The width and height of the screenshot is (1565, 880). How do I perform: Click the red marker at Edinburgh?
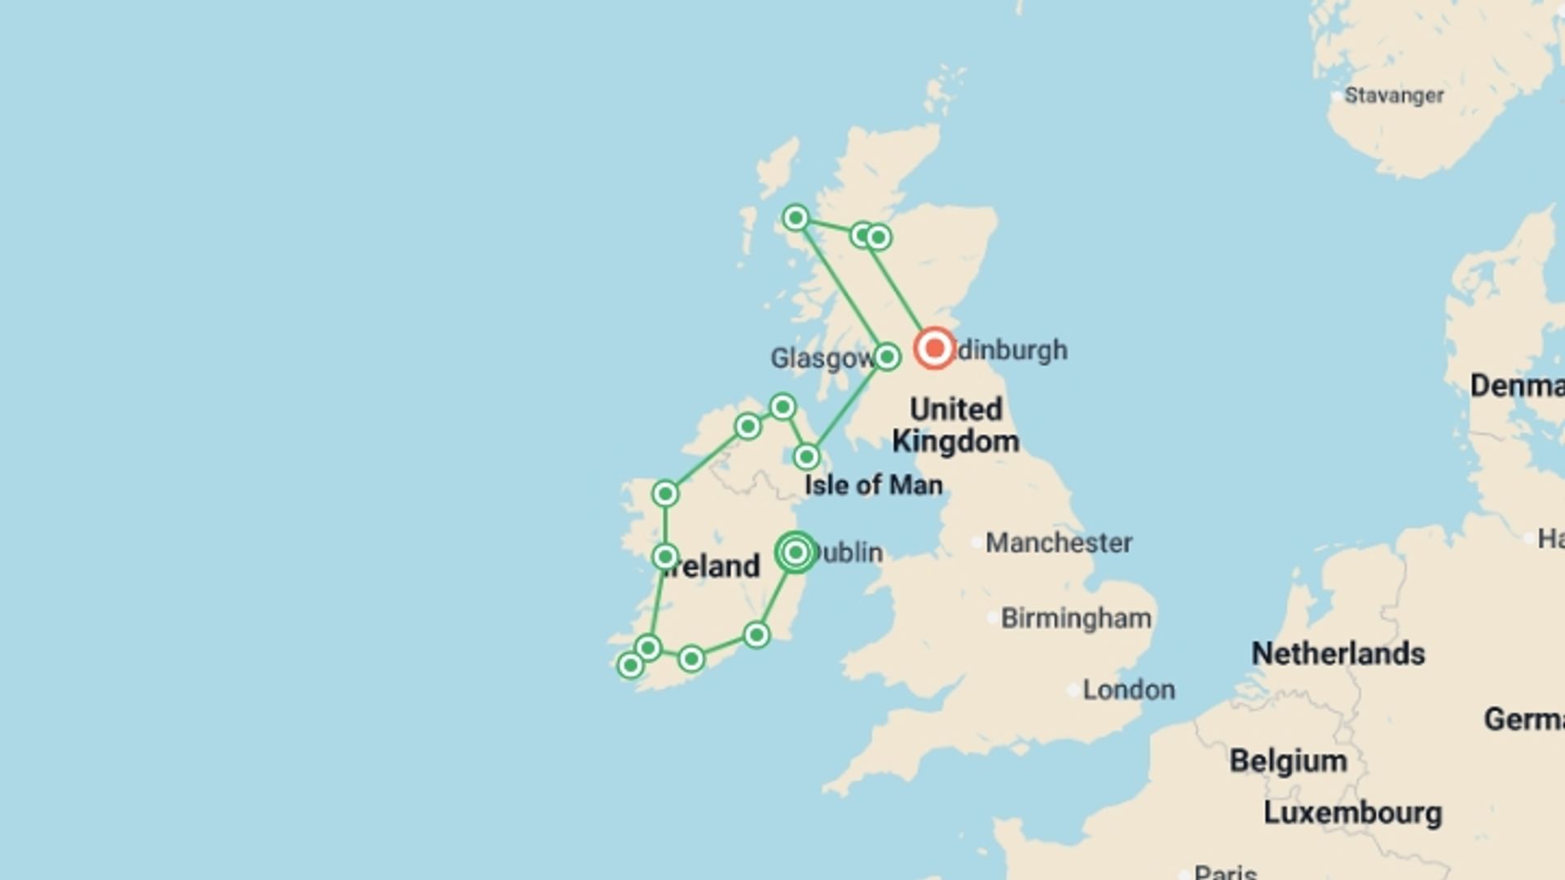(x=934, y=349)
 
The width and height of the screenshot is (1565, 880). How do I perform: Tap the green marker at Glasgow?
(x=887, y=357)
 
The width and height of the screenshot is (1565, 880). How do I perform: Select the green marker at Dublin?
(x=796, y=552)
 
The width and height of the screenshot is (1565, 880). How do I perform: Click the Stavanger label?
(x=1394, y=95)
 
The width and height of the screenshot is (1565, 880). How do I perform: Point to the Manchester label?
(x=1058, y=543)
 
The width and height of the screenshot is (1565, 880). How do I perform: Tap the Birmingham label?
(x=1076, y=618)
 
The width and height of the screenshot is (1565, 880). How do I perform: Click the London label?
(x=1128, y=690)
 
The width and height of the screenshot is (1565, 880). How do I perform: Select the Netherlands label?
(x=1338, y=653)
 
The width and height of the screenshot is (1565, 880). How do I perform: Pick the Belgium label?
(x=1288, y=761)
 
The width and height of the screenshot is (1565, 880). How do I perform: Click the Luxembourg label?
(x=1352, y=812)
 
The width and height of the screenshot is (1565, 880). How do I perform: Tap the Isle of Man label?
(x=873, y=485)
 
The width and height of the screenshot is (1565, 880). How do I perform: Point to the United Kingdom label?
(x=955, y=425)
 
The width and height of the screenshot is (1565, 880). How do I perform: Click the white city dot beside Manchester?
(x=976, y=543)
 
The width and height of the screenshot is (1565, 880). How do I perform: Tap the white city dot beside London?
(x=1073, y=690)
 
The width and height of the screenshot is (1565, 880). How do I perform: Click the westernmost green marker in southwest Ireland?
(x=629, y=666)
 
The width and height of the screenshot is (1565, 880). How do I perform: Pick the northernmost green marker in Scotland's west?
(x=796, y=218)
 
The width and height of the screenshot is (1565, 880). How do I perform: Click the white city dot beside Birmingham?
(x=992, y=618)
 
